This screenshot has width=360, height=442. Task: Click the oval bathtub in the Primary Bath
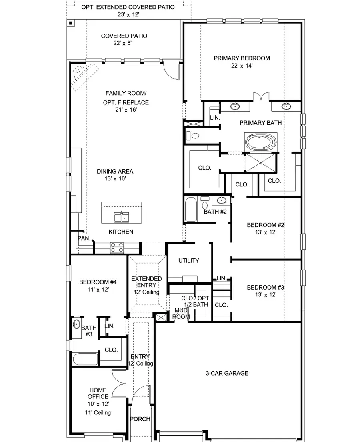[x=260, y=143]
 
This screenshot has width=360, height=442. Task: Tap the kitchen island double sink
[x=121, y=217]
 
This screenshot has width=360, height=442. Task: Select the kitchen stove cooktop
[x=117, y=248]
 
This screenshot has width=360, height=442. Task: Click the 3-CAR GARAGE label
[x=227, y=373]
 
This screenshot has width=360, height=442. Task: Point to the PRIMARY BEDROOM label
[x=241, y=58]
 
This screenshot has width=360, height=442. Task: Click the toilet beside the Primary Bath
[x=194, y=136]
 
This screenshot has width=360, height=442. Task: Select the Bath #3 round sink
[x=77, y=324]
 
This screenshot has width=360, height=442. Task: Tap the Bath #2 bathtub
[x=191, y=208]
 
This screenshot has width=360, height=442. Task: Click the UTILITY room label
[x=188, y=261]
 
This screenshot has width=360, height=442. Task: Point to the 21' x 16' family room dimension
[x=126, y=110]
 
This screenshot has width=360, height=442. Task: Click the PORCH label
[x=140, y=419]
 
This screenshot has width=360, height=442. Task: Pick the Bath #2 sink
[x=221, y=200]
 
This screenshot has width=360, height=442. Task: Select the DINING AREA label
[x=115, y=171]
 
